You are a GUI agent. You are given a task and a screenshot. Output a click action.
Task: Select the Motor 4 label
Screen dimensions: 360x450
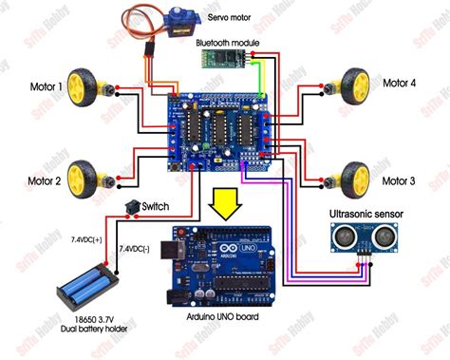coord(399,84)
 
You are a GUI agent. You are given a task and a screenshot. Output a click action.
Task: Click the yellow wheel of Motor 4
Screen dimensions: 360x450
coord(354,82)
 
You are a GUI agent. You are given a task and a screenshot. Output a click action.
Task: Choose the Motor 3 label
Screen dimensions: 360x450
coord(399,180)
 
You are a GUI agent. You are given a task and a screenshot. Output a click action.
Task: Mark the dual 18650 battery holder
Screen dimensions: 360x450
coord(84,284)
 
